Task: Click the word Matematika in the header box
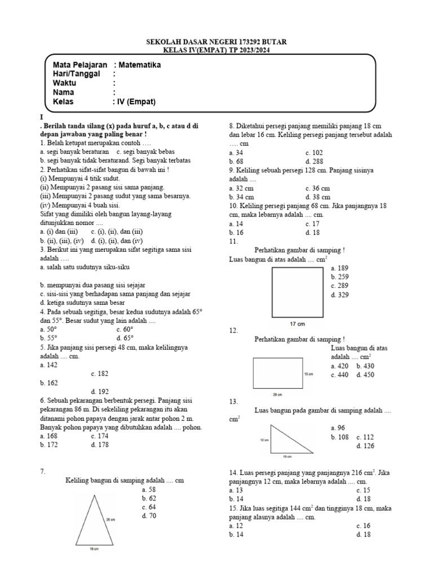pos(139,65)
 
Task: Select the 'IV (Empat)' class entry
pos(137,101)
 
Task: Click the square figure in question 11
pos(297,292)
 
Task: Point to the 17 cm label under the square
pos(297,324)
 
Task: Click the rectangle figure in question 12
pos(276,374)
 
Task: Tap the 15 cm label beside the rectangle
pos(308,374)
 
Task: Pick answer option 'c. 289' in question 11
pos(341,286)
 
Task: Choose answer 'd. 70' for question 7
pos(149,516)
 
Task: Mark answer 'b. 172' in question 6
pos(49,445)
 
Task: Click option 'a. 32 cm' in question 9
pos(241,188)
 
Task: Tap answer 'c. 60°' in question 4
pos(125,329)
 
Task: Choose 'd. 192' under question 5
pos(100,392)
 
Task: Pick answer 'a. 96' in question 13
pos(339,428)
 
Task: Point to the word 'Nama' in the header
pos(63,92)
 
